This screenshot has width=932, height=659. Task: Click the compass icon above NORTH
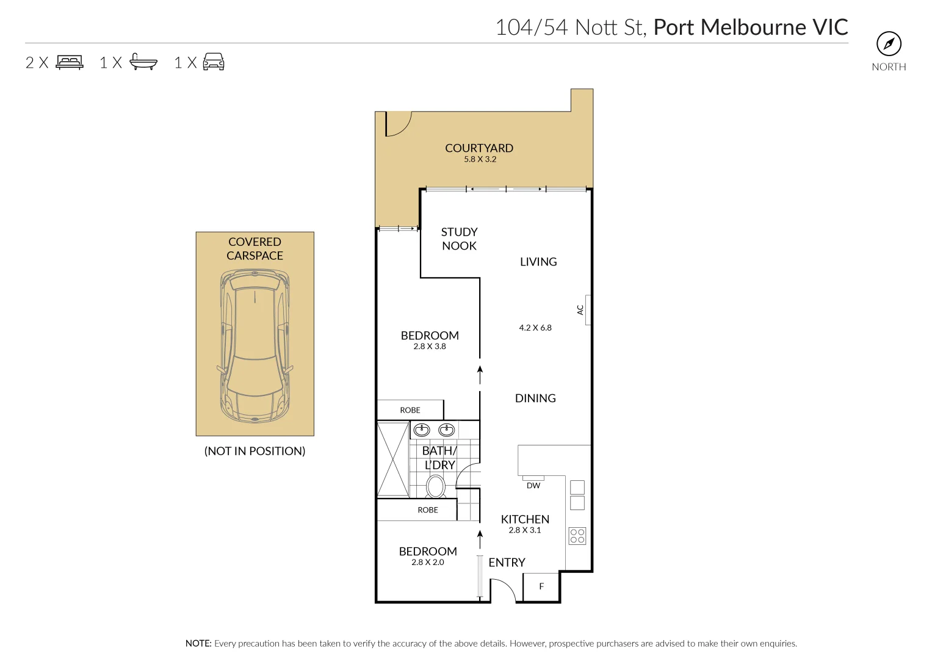coord(889,44)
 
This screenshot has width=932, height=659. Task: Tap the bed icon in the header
coord(70,62)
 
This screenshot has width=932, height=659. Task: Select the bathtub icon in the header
coord(143,62)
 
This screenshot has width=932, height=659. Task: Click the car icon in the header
coord(213,62)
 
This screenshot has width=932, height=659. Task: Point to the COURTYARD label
coord(479,148)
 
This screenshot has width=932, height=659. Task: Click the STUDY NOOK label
coord(459,239)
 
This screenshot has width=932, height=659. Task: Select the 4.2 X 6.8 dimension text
coord(535,328)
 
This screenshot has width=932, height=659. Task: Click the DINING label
coord(535,398)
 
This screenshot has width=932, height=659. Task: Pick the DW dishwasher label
coord(533,486)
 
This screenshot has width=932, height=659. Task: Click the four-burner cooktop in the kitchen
coord(577,536)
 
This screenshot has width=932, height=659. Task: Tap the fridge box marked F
coord(541,587)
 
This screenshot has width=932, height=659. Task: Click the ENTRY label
coord(507,563)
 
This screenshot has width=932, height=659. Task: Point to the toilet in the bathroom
coord(435,487)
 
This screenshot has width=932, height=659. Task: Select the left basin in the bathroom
coord(422,430)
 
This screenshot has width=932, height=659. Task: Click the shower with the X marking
coord(392,459)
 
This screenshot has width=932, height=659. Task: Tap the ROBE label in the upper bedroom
coord(410,410)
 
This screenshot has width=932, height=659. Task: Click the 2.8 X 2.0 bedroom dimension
coord(428,563)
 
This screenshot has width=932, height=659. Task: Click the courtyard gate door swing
coord(397,124)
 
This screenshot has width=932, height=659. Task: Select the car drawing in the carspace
coord(255,347)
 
